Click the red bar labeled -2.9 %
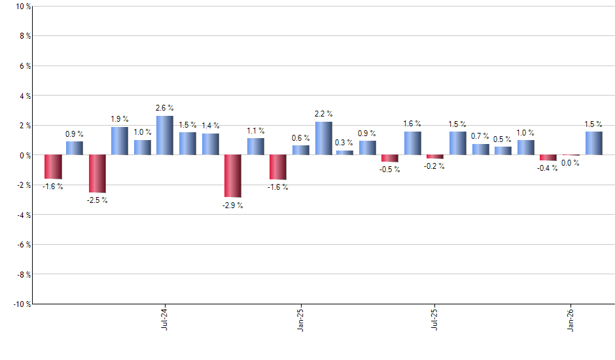[233, 176]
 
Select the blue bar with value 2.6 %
[164, 135]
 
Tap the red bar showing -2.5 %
[97, 173]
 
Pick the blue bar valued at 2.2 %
[323, 139]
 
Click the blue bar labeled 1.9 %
[120, 141]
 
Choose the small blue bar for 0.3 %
[345, 153]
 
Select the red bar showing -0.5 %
[390, 158]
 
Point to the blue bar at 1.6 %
[412, 143]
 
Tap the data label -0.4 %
[548, 168]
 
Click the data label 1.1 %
[256, 131]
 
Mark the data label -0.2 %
[434, 166]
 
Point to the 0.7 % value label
[480, 135]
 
